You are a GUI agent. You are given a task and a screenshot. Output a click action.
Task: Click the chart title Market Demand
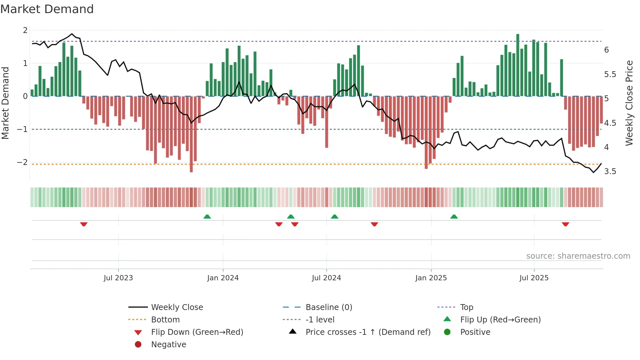(47, 9)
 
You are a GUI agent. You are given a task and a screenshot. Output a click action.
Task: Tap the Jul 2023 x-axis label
(118, 278)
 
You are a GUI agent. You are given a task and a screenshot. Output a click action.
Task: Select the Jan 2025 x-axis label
(431, 278)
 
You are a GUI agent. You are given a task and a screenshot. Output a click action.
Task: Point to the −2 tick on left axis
(22, 162)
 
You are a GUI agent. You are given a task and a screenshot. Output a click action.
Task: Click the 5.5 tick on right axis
(610, 74)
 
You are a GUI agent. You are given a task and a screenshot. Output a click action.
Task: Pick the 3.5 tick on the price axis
(610, 172)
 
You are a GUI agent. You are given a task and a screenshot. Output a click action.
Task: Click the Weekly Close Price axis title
(629, 103)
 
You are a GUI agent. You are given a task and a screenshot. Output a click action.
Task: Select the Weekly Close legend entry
(177, 307)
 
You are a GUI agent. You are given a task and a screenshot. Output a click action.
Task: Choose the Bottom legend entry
(165, 320)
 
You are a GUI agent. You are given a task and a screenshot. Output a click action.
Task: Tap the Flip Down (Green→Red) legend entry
(197, 332)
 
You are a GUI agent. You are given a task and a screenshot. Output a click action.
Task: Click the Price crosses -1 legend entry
(368, 332)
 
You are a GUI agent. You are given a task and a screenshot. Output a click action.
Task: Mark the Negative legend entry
(168, 345)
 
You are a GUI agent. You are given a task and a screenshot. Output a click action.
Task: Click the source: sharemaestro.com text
(578, 256)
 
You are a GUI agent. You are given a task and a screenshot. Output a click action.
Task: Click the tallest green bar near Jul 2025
(518, 65)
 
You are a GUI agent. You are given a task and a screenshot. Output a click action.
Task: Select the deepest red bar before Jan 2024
(191, 134)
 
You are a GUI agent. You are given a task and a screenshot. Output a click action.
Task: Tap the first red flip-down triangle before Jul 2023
(84, 224)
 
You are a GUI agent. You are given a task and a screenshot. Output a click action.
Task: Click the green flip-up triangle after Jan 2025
(454, 217)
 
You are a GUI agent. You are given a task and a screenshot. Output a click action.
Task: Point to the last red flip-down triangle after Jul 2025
(566, 224)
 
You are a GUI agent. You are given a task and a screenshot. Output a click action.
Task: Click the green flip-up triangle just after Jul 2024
(334, 217)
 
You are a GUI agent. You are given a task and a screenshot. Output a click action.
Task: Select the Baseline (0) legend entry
(328, 307)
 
